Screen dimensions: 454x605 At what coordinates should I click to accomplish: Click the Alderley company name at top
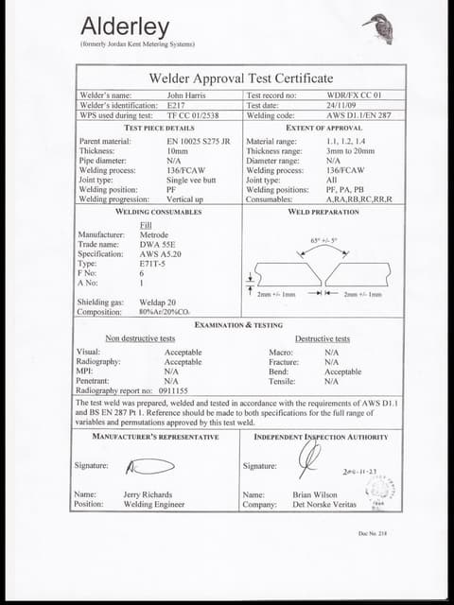(126, 26)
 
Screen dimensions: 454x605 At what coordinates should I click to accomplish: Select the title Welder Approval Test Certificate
(241, 78)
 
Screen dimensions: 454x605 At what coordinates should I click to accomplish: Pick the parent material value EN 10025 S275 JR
(199, 141)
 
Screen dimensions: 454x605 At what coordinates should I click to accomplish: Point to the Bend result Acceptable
(342, 372)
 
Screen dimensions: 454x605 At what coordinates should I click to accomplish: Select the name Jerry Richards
(148, 494)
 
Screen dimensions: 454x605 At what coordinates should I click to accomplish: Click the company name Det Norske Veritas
(323, 504)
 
